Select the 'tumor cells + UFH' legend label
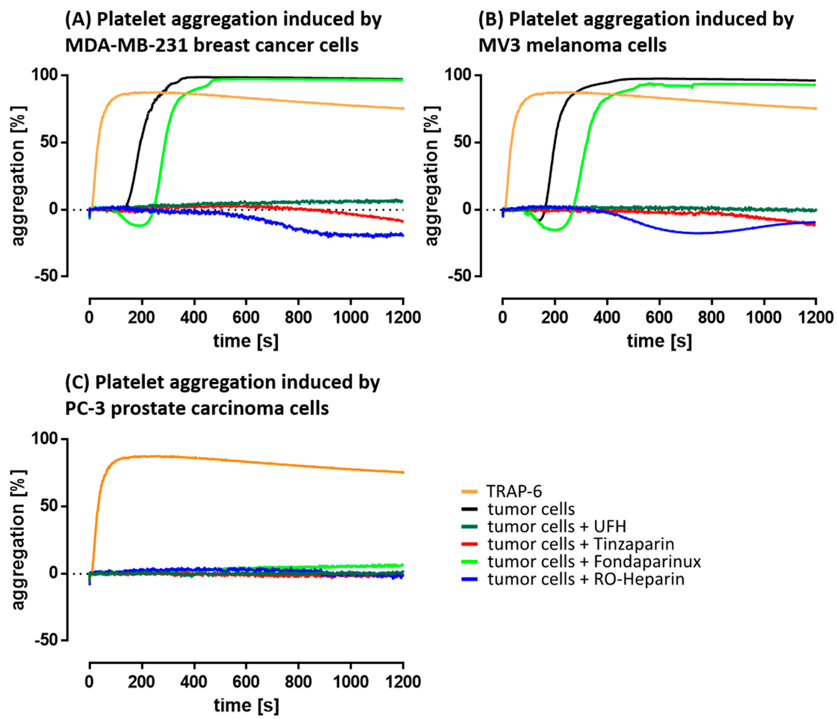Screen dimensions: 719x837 tap(557, 527)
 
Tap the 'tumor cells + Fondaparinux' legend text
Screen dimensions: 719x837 tap(594, 561)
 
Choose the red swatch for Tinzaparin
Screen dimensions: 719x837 tap(469, 544)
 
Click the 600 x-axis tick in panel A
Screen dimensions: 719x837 tap(246, 317)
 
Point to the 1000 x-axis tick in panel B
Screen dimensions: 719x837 tap(764, 317)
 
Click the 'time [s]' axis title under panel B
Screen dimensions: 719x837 tap(659, 341)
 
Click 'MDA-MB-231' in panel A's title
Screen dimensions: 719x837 tap(126, 45)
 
